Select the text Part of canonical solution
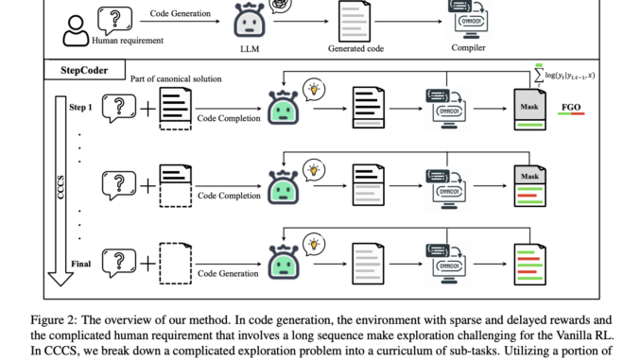tap(176, 78)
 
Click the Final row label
tap(81, 263)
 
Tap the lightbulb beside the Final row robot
tap(313, 244)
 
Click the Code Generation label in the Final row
tap(228, 273)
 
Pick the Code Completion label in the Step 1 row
tap(228, 118)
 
